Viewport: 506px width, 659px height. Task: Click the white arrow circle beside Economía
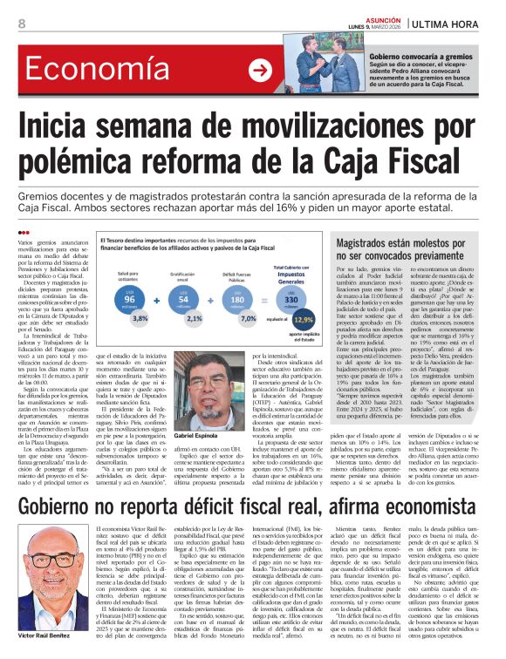tap(259, 71)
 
